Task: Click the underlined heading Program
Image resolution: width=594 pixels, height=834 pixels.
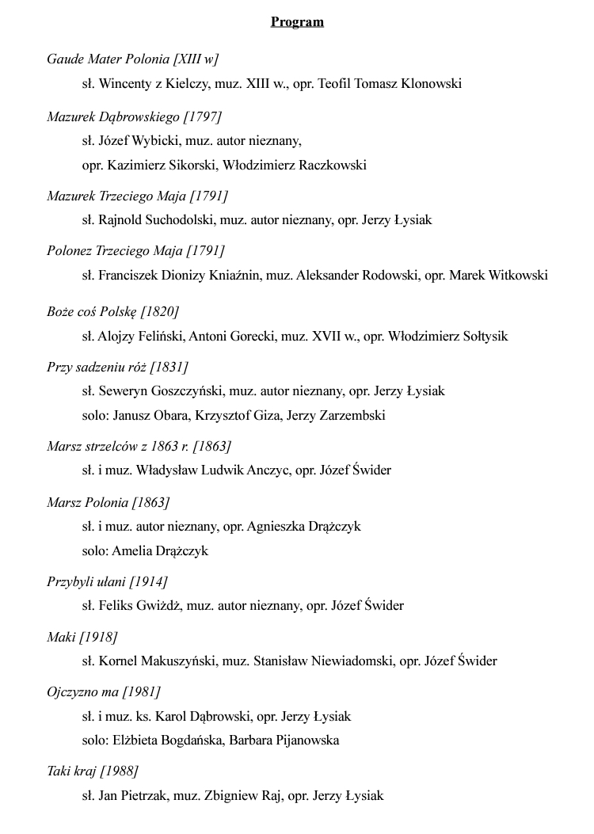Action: point(297,21)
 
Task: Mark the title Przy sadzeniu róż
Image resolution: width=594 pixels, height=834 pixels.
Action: point(97,367)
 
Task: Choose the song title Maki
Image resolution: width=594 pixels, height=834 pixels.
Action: point(61,637)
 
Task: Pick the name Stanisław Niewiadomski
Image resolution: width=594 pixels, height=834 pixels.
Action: point(322,661)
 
